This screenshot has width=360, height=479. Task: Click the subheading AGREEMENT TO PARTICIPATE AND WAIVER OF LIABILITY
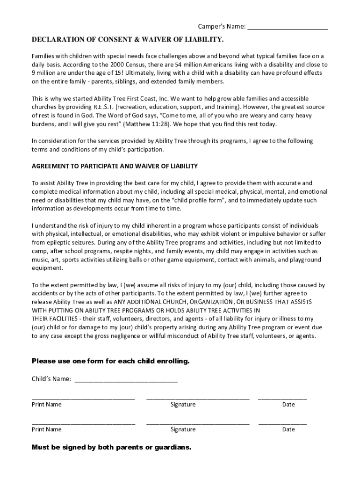[x=115, y=166]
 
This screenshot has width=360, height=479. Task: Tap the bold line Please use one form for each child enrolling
[x=110, y=361]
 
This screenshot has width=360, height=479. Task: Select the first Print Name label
[x=46, y=405]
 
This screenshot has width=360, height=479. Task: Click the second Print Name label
[x=46, y=429]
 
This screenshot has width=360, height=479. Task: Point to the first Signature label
[x=183, y=405]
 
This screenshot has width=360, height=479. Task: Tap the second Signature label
[x=183, y=429]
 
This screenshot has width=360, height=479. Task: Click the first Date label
[x=288, y=405]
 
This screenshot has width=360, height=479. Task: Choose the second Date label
[x=288, y=429]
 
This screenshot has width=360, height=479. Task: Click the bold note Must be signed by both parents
[x=111, y=447]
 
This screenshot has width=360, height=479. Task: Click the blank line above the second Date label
[x=282, y=423]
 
